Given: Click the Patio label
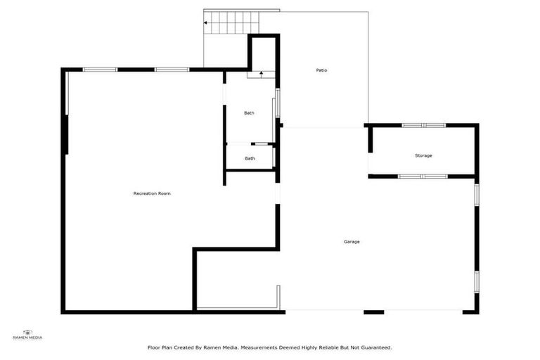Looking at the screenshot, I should pyautogui.click(x=321, y=70).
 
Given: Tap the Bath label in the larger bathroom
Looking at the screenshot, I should pyautogui.click(x=249, y=113).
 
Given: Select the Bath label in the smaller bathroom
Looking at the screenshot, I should pyautogui.click(x=250, y=158).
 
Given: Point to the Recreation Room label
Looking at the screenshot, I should pyautogui.click(x=152, y=193).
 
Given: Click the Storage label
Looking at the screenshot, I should pyautogui.click(x=423, y=155).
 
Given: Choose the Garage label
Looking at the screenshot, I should pyautogui.click(x=352, y=242).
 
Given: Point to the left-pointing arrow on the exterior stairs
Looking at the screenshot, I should pyautogui.click(x=205, y=22).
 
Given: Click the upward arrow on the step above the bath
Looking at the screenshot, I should pyautogui.click(x=260, y=73).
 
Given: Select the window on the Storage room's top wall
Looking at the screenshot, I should pyautogui.click(x=423, y=125).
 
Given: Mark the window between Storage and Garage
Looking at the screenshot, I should pyautogui.click(x=423, y=176).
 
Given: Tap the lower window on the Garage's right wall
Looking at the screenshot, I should pyautogui.click(x=477, y=281).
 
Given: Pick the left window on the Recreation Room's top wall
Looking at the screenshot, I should pyautogui.click(x=101, y=69).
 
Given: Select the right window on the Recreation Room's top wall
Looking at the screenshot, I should pyautogui.click(x=172, y=69).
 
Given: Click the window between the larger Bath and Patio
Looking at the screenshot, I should pyautogui.click(x=277, y=103).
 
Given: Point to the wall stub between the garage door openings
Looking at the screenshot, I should pyautogui.click(x=373, y=312).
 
